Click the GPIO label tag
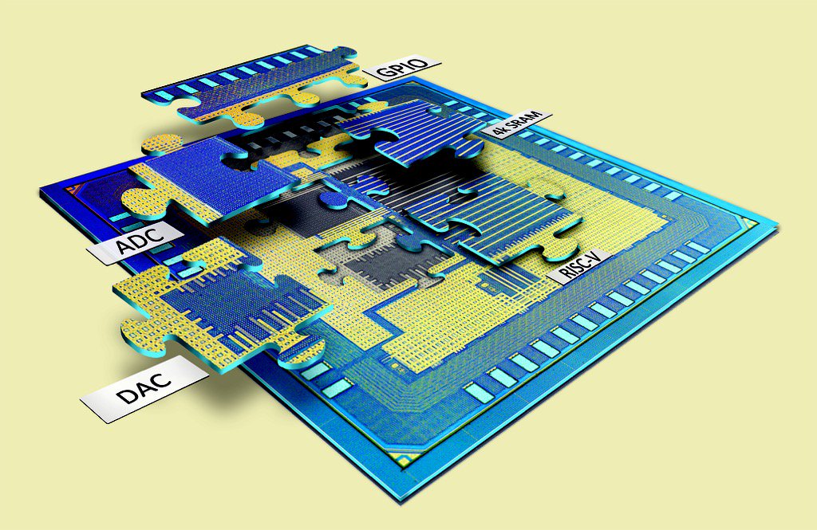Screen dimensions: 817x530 tap(402, 67)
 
